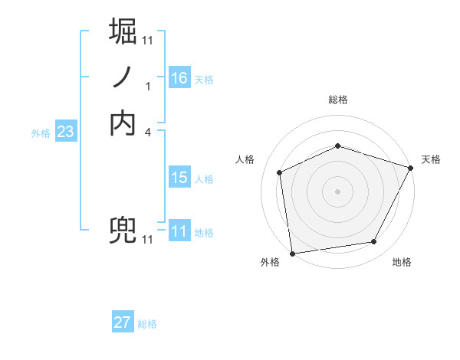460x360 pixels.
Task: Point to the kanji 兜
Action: point(123,230)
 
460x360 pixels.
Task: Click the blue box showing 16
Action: point(179,78)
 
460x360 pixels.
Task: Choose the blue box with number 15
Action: point(179,178)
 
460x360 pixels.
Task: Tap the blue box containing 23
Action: point(65,132)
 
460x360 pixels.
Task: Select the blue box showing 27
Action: point(122,322)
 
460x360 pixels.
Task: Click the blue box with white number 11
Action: point(179,231)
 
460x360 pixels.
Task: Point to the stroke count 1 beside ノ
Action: point(148,86)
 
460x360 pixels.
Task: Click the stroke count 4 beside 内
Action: point(148,132)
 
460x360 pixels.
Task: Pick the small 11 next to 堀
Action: point(148,40)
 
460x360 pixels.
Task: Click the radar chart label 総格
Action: point(338,100)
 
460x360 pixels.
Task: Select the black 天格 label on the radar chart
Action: point(431,159)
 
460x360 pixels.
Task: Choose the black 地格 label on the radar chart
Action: point(402,263)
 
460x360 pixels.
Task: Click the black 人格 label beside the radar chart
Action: point(245,159)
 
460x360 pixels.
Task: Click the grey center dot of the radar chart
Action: point(337,191)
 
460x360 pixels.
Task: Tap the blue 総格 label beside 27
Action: point(147,324)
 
